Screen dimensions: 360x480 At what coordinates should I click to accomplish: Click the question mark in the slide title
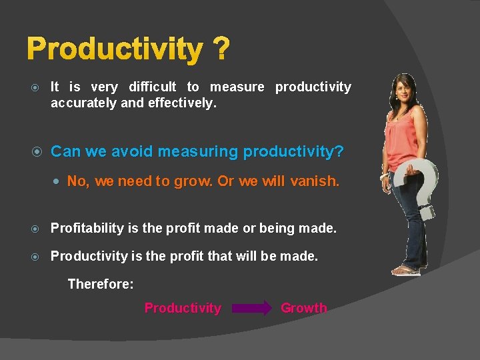coord(221,49)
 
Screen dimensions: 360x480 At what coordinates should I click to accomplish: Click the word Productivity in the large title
coord(115,49)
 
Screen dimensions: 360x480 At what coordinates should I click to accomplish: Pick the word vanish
coord(315,181)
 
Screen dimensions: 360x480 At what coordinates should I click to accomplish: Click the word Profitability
coord(87,228)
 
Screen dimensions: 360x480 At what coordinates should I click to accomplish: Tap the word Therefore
coord(101,284)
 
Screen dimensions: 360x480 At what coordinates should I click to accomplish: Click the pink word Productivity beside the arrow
coord(183,308)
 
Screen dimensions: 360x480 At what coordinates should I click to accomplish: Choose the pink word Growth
coord(304,308)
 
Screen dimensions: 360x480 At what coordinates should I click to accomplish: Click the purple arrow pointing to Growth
coord(252,308)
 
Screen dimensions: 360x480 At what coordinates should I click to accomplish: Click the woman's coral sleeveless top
coord(403,137)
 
